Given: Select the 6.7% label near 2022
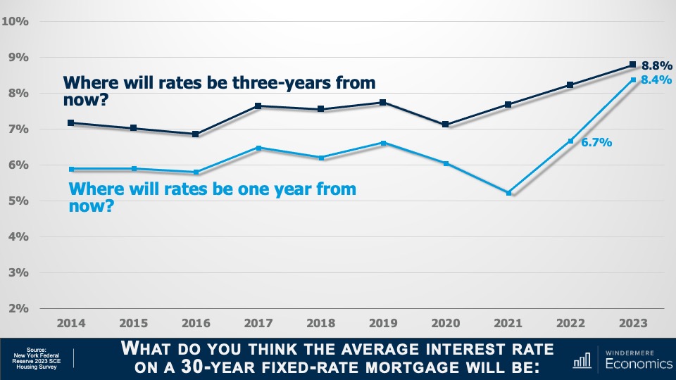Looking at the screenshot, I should point(597,142).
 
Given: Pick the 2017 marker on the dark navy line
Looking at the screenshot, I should point(258,106).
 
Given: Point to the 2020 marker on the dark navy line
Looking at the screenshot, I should point(445,125).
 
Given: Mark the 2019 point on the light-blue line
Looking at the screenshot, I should point(383,143).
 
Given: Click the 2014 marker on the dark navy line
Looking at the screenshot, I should point(72,122).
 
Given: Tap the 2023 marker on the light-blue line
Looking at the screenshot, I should point(632,80).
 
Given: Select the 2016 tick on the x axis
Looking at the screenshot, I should point(196,324).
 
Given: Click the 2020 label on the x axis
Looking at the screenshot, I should point(445,324).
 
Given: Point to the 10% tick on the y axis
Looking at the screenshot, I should point(15,21).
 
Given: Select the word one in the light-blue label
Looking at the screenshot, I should point(254,189).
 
